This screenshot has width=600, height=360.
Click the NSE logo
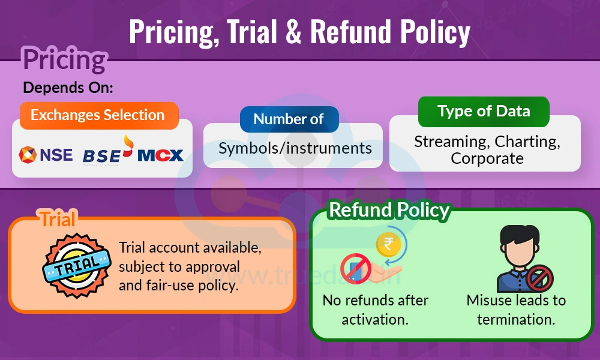[46, 155]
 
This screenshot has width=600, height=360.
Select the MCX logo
[160, 155]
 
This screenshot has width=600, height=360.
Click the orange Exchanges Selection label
[98, 115]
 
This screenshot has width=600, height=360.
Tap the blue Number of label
[289, 119]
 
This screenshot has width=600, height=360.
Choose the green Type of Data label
[484, 112]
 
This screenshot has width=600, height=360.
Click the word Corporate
[487, 158]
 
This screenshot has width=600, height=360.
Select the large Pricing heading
[64, 60]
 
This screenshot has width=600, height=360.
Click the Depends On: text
[68, 88]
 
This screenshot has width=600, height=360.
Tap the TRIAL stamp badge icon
[76, 265]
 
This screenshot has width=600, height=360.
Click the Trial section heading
[58, 219]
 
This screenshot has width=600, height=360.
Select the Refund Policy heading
[389, 210]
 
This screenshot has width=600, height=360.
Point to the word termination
[516, 319]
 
